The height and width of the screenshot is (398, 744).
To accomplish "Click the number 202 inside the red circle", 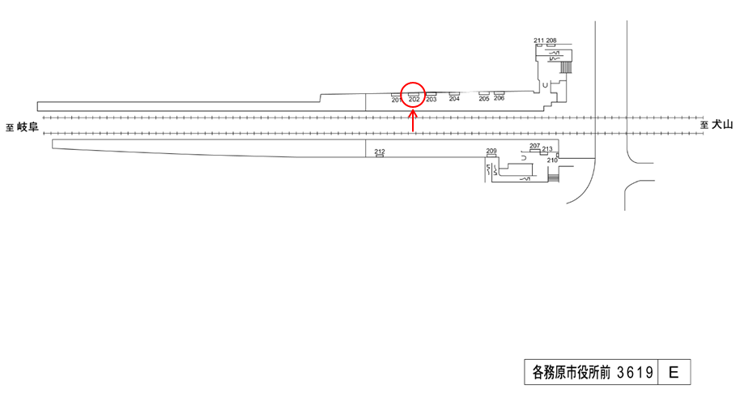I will pos(414,100).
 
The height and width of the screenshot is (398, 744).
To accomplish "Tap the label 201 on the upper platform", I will pos(397,100).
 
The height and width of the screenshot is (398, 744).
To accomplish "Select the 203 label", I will pos(431,100).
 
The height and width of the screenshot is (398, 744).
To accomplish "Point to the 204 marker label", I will pos(454,99).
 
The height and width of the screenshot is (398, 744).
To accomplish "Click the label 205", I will pos(484,99).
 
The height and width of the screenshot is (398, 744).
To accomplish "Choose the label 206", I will pos(499,99).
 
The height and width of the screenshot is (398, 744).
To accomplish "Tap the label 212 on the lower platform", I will pos(380,152).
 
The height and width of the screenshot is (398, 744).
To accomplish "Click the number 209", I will pos(491,152).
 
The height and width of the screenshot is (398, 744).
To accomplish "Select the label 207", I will pos(534,146).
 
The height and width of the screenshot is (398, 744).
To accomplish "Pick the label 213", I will pos(547,149).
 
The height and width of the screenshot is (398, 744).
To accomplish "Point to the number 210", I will pos(552,160).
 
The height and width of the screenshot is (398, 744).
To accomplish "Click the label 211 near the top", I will pos(539,41).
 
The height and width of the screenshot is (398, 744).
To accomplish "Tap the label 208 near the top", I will pos(551,41).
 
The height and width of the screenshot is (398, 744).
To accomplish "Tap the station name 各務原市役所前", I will pos(569,373).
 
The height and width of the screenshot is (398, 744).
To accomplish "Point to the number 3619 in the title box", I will pos(635,373).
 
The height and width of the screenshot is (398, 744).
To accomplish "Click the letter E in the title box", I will pos(674,373).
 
